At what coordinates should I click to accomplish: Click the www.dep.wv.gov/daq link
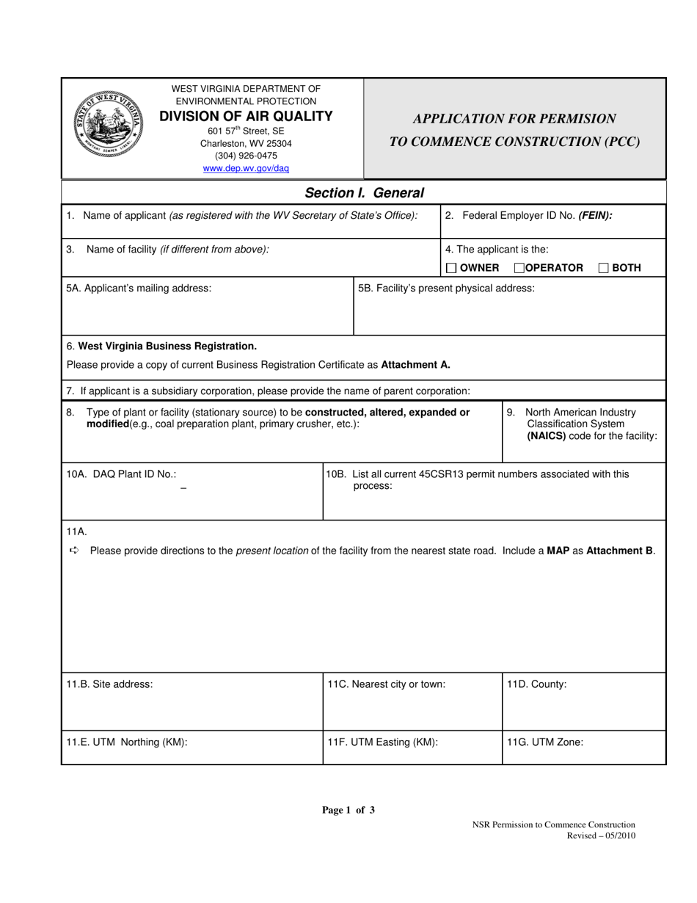[246, 168]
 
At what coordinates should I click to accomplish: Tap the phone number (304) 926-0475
[246, 156]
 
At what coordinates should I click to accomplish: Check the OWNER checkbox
[451, 268]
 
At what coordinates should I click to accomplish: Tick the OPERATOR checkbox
[519, 268]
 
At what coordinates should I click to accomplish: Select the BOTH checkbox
[603, 268]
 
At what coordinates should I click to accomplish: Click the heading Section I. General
[364, 193]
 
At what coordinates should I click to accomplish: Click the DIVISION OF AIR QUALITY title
[246, 116]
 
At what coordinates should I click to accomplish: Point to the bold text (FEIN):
[595, 216]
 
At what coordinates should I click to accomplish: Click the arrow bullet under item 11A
[73, 551]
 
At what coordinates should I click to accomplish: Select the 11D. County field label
[536, 684]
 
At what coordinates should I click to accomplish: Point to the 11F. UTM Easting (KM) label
[382, 741]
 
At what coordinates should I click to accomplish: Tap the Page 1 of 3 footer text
[348, 810]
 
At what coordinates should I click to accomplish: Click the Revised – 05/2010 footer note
[601, 835]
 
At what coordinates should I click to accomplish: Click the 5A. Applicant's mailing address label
[139, 288]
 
